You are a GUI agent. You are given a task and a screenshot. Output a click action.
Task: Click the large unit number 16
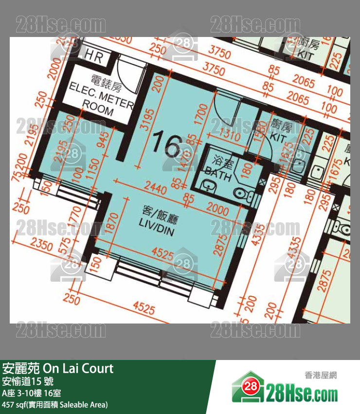coord(166,143)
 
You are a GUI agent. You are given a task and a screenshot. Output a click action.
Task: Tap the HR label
coord(93,57)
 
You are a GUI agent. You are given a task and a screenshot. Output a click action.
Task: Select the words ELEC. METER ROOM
coord(101,97)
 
